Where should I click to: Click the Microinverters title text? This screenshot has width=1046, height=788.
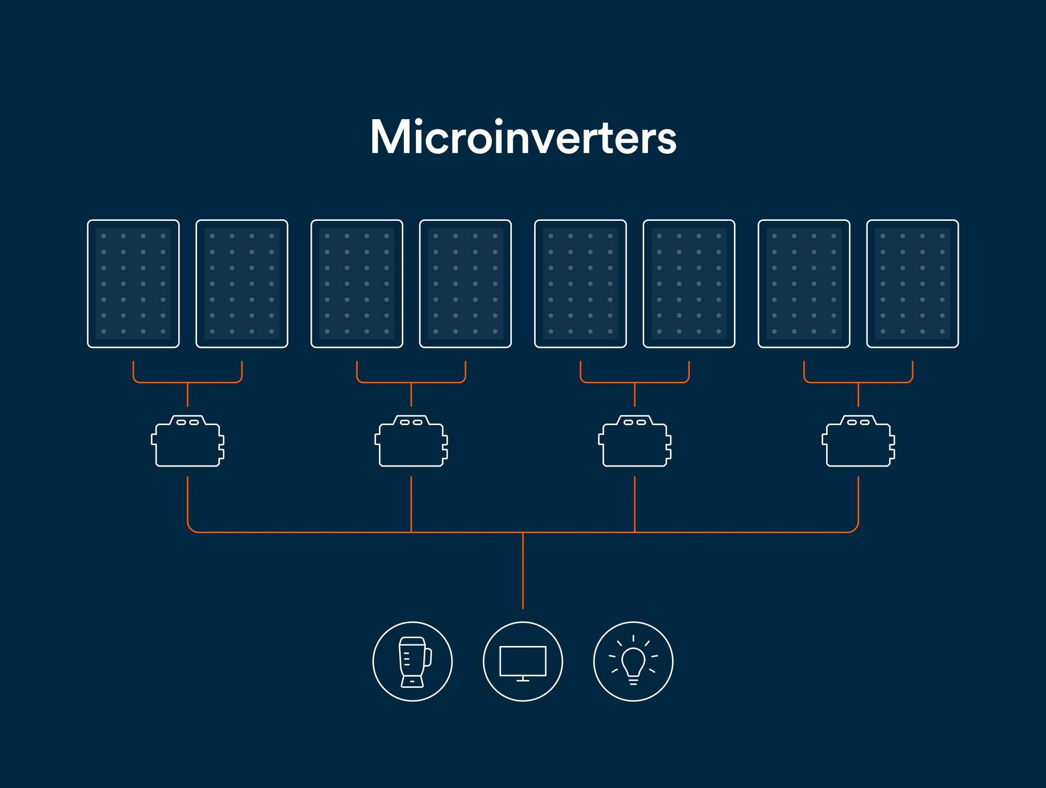[x=523, y=137]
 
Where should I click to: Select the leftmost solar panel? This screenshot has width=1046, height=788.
[x=133, y=284]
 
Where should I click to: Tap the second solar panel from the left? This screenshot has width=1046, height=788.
[x=242, y=284]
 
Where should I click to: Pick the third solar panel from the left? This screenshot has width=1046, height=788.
[x=357, y=284]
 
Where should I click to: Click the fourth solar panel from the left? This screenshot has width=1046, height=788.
[x=465, y=284]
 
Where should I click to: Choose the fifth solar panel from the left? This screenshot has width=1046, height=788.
[x=580, y=284]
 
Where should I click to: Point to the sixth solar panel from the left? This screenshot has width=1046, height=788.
[x=689, y=284]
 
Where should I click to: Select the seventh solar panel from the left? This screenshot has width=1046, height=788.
[x=804, y=284]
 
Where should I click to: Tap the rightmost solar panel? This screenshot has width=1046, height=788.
[x=912, y=284]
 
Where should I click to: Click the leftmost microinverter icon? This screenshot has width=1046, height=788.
[x=187, y=441]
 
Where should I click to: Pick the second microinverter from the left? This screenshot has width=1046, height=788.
[x=411, y=441]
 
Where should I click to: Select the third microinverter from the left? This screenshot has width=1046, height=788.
[x=634, y=441]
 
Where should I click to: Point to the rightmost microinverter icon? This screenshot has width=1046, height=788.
[x=858, y=441]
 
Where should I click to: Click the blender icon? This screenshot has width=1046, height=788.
[x=413, y=662]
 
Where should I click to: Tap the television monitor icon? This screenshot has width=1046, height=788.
[x=523, y=662]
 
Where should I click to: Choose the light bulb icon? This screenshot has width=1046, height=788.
[x=633, y=662]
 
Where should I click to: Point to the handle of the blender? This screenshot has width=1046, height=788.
[x=429, y=657]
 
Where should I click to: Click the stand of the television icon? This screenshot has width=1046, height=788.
[x=523, y=679]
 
